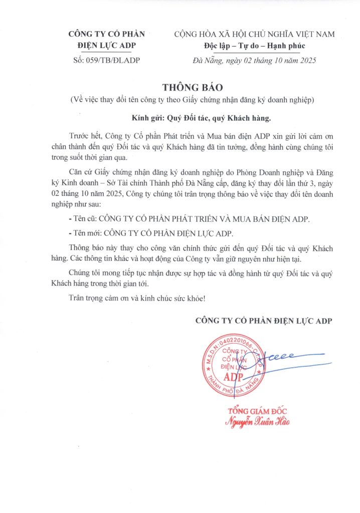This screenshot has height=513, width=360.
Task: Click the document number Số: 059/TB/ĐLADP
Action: (107, 61)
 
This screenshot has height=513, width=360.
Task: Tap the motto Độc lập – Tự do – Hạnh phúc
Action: (251, 47)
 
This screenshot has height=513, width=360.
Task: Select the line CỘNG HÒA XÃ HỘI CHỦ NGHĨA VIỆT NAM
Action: (254, 35)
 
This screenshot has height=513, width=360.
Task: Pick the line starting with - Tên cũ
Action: (189, 219)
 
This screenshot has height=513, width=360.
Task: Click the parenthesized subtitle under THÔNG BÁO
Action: (192, 100)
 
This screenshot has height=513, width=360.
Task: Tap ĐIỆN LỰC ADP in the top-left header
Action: (106, 47)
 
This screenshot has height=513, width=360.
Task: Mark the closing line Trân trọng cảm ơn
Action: (136, 299)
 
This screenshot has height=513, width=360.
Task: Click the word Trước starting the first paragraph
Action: (79, 136)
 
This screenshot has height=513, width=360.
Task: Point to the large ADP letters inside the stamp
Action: (234, 376)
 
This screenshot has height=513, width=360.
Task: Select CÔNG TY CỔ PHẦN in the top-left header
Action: (106, 35)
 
